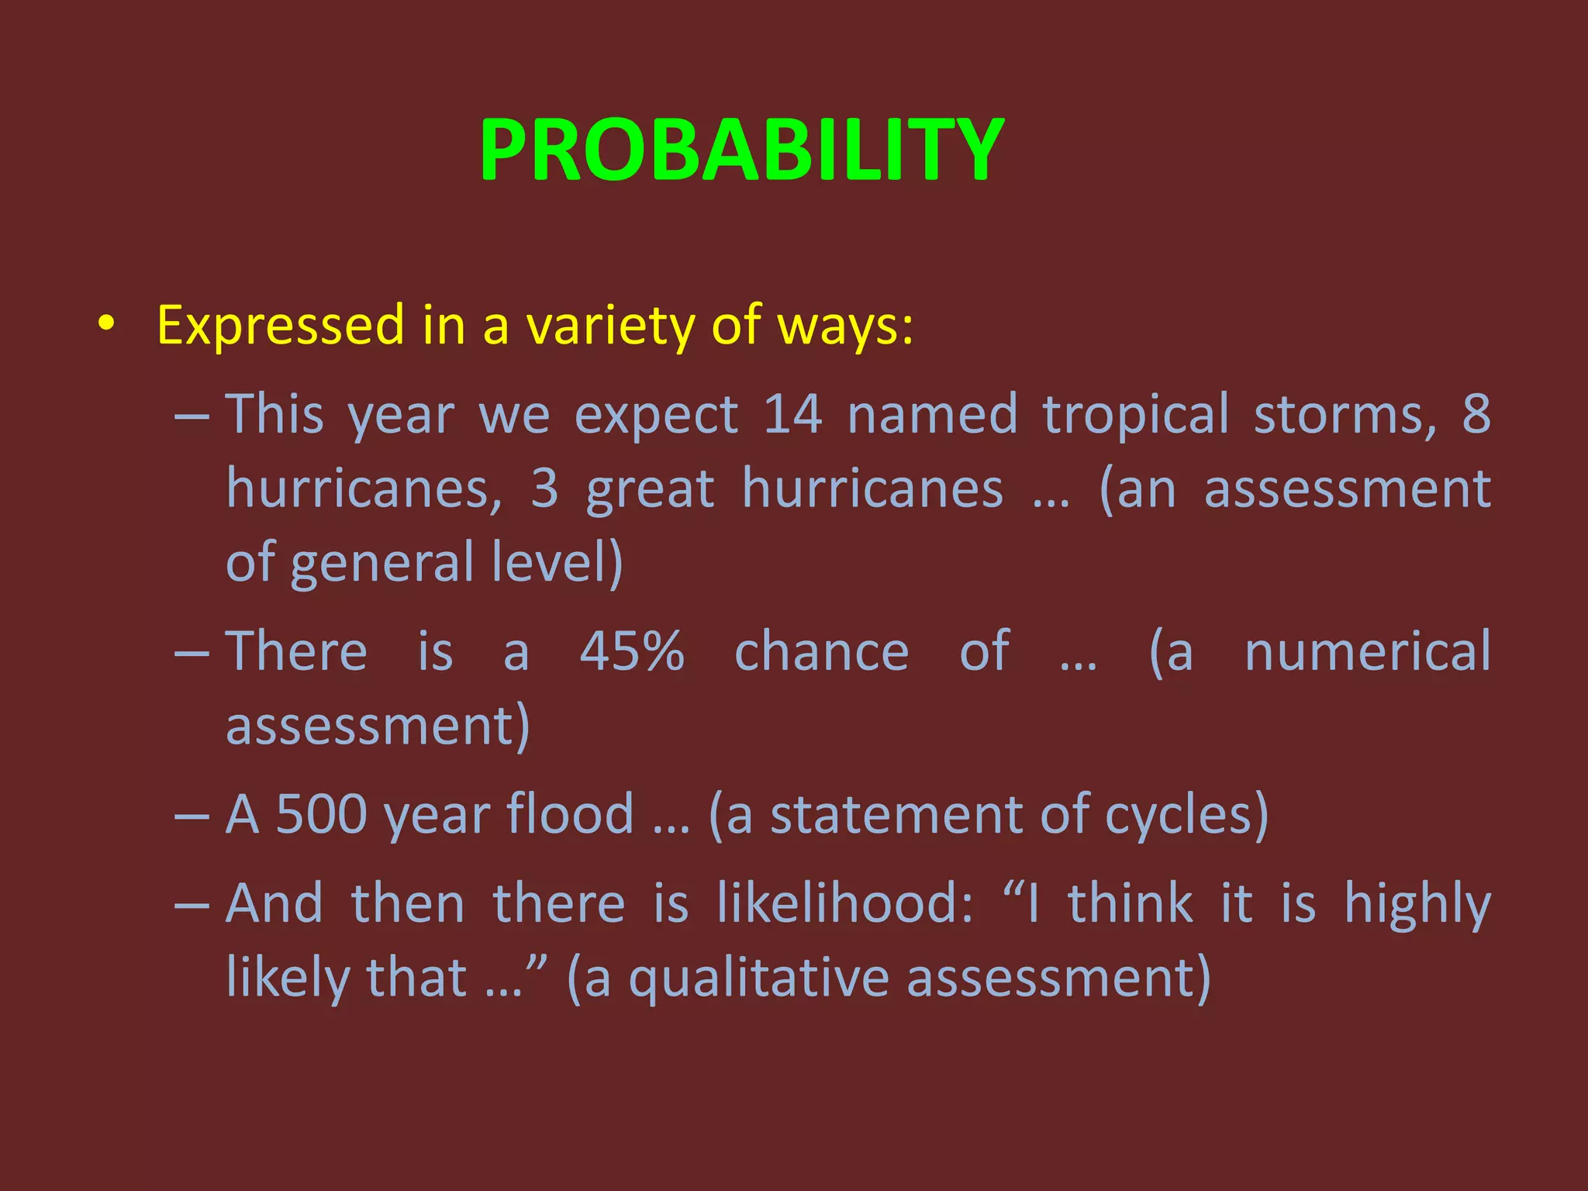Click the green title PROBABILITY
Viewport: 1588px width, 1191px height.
tap(742, 150)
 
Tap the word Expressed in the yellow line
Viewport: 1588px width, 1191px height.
tap(281, 325)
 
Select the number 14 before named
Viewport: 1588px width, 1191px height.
tap(792, 414)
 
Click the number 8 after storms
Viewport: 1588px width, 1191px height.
tap(1476, 414)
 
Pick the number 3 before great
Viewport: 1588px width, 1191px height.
tap(545, 488)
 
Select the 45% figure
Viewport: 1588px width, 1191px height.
tap(632, 651)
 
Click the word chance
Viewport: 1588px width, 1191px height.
tap(821, 651)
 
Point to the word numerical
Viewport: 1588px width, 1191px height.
tap(1367, 651)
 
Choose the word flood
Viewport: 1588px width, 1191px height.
tap(570, 814)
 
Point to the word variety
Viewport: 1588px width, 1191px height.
tap(610, 325)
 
